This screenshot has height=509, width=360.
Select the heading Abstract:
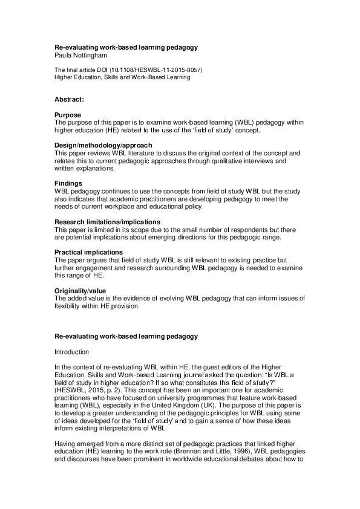coord(69,98)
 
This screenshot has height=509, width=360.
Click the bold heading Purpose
coord(68,114)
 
